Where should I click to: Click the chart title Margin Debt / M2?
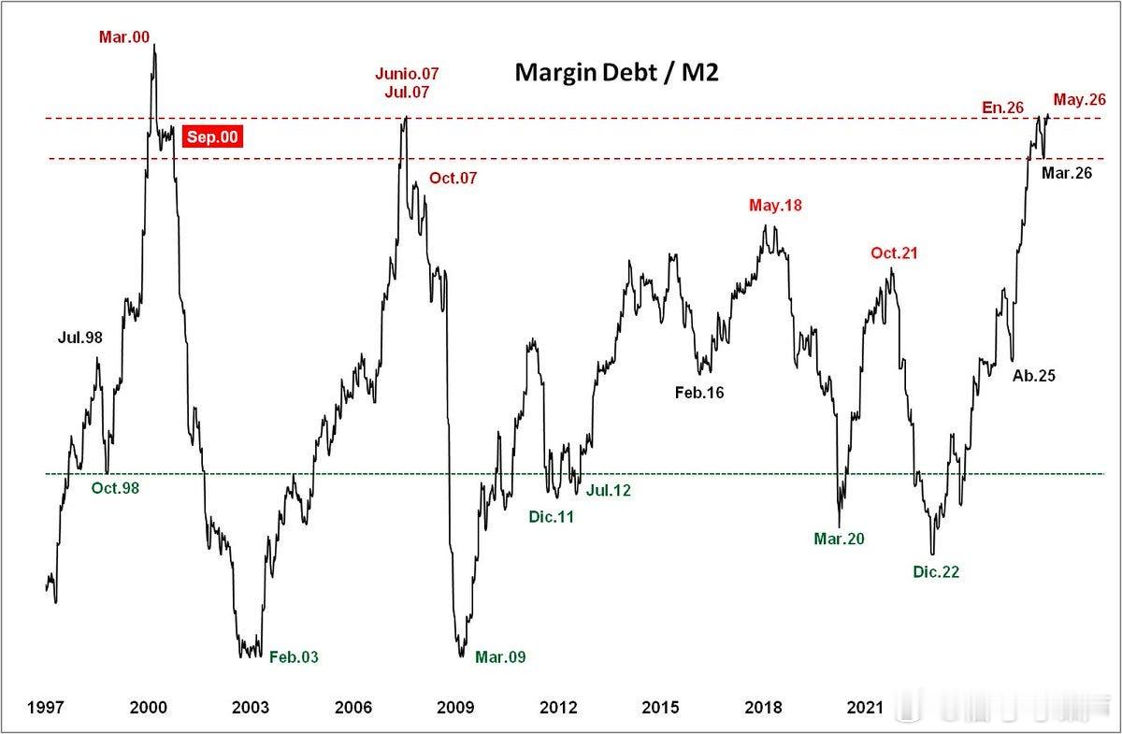pyautogui.click(x=616, y=73)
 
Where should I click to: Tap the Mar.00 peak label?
pyautogui.click(x=124, y=37)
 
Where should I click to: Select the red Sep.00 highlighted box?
pyautogui.click(x=212, y=137)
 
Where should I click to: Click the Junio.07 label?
pyautogui.click(x=407, y=74)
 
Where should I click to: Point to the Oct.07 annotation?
pyautogui.click(x=453, y=178)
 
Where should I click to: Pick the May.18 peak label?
pyautogui.click(x=775, y=206)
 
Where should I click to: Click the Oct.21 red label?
pyautogui.click(x=894, y=253)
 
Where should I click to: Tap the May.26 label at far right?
pyautogui.click(x=1079, y=100)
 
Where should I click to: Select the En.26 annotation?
pyautogui.click(x=1002, y=108)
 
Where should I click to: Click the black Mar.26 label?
pyautogui.click(x=1067, y=173)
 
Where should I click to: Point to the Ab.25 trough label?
pyautogui.click(x=1034, y=376)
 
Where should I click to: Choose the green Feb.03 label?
pyautogui.click(x=294, y=656)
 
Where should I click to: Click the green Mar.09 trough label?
pyautogui.click(x=500, y=656)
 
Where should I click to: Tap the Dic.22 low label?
pyautogui.click(x=936, y=571)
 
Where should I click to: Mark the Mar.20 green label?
pyautogui.click(x=839, y=539)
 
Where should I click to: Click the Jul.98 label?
pyautogui.click(x=80, y=338)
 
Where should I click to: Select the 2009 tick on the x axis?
pyautogui.click(x=455, y=708)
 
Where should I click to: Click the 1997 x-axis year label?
pyautogui.click(x=46, y=708)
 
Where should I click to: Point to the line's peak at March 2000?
pyautogui.click(x=154, y=45)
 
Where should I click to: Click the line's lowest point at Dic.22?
pyautogui.click(x=932, y=554)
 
